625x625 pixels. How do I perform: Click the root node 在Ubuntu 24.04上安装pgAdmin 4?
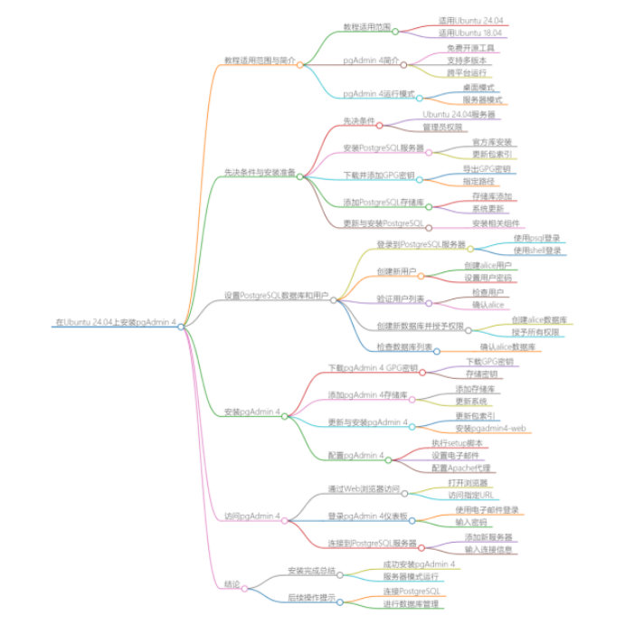[x=115, y=323]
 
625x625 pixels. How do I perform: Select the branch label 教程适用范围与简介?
[x=259, y=61]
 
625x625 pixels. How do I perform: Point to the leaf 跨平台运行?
[x=468, y=72]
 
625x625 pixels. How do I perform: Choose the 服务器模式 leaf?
[x=482, y=100]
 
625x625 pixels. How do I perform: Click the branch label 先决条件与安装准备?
[x=259, y=172]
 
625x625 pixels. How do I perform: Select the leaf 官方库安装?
[x=492, y=143]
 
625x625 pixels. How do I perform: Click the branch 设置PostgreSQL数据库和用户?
[x=276, y=295]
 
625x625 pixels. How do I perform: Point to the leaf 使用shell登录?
[x=537, y=251]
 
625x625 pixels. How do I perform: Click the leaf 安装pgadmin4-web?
[x=490, y=428]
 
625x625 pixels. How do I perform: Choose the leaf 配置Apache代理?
[x=460, y=469]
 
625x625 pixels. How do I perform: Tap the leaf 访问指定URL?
[x=470, y=496]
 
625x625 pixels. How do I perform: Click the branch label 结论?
[x=232, y=583]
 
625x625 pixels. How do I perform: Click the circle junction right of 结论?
[x=245, y=589]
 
